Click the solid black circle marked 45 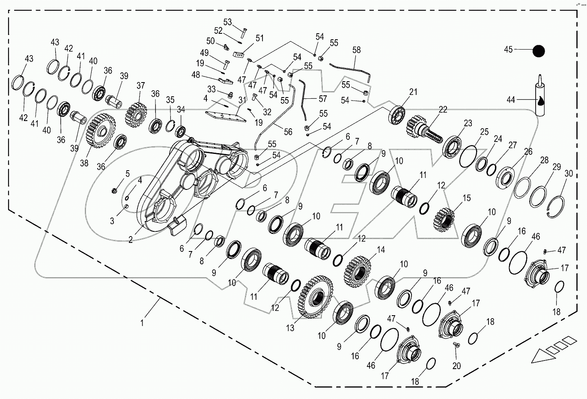[x=539, y=51]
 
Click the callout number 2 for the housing [x=131, y=240]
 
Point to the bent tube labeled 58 [x=351, y=68]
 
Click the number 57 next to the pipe [x=322, y=99]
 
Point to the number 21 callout [x=413, y=92]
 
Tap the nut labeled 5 [x=114, y=190]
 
